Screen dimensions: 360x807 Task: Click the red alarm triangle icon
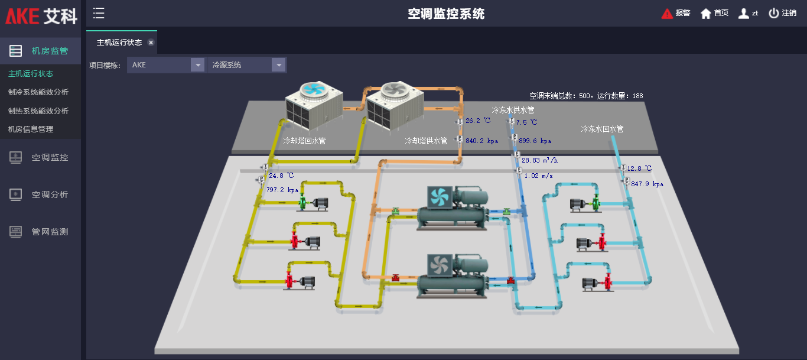pyautogui.click(x=667, y=14)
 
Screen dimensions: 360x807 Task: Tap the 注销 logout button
pyautogui.click(x=782, y=13)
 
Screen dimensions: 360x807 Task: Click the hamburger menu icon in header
pyautogui.click(x=99, y=13)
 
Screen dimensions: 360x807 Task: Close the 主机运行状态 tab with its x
pyautogui.click(x=151, y=43)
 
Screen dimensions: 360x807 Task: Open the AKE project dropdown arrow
pyautogui.click(x=197, y=65)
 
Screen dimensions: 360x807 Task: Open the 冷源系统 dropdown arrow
pyautogui.click(x=278, y=65)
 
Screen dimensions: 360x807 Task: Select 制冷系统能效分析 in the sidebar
pyautogui.click(x=38, y=92)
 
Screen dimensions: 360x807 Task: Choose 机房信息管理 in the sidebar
pyautogui.click(x=31, y=129)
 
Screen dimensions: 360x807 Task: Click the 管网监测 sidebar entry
pyautogui.click(x=50, y=232)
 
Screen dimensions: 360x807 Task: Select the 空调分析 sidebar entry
pyautogui.click(x=50, y=194)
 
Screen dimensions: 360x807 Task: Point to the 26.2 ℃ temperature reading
pyautogui.click(x=478, y=121)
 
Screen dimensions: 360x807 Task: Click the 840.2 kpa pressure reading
pyautogui.click(x=481, y=141)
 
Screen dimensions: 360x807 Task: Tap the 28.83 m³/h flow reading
pyautogui.click(x=540, y=160)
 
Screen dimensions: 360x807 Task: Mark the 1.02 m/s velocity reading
pyautogui.click(x=538, y=176)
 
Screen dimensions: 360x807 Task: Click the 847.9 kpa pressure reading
pyautogui.click(x=647, y=184)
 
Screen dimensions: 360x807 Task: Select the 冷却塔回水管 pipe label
pyautogui.click(x=304, y=141)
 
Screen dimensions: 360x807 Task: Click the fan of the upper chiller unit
pyautogui.click(x=439, y=197)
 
